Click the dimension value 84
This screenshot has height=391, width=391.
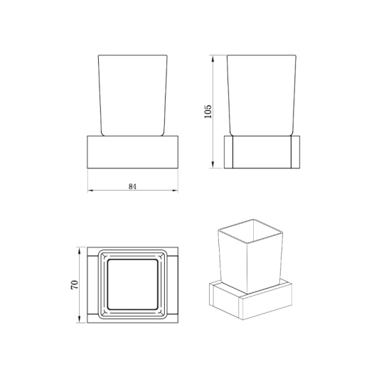coord(132,186)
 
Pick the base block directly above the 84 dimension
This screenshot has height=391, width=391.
coord(133,152)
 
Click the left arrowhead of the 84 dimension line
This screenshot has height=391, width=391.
coord(90,191)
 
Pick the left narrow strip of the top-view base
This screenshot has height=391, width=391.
coord(91,284)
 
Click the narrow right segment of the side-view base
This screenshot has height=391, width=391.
coord(296,152)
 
